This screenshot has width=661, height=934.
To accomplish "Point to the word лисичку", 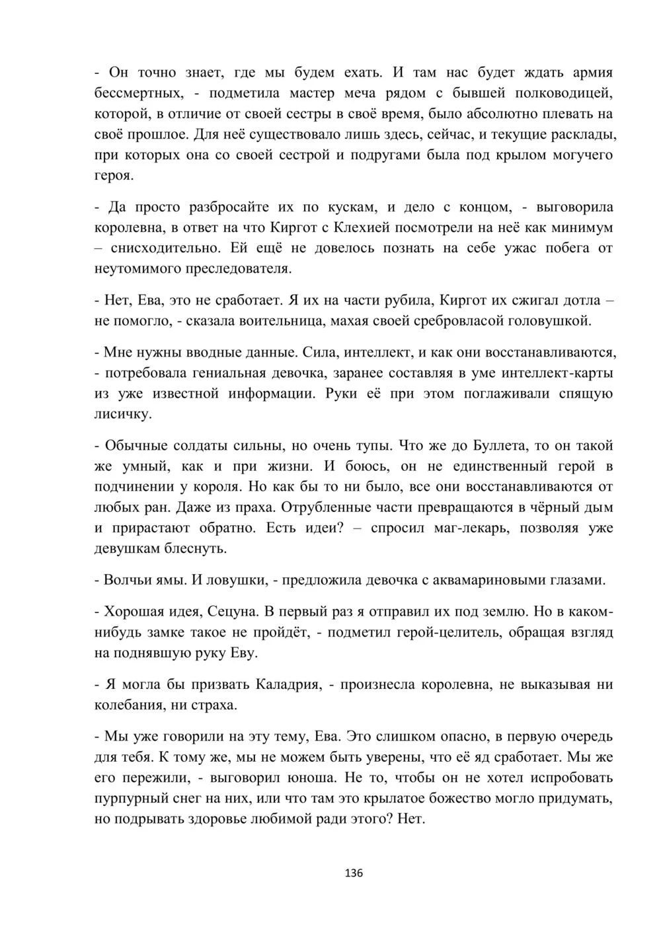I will coord(123,415).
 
